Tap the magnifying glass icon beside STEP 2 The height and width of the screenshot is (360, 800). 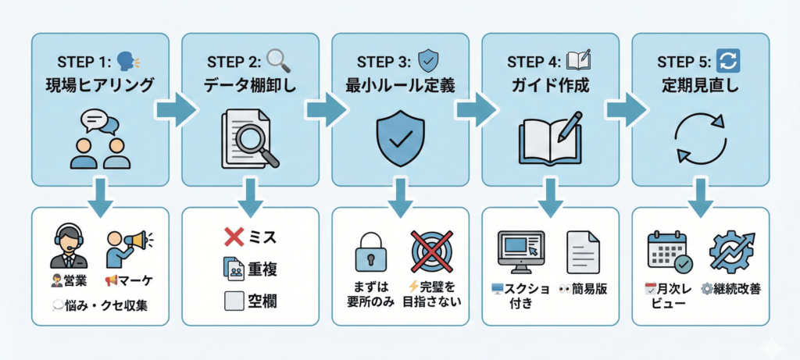point(278,59)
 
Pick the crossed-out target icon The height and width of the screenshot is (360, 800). point(432,251)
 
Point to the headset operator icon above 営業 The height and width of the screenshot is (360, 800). point(70,246)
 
